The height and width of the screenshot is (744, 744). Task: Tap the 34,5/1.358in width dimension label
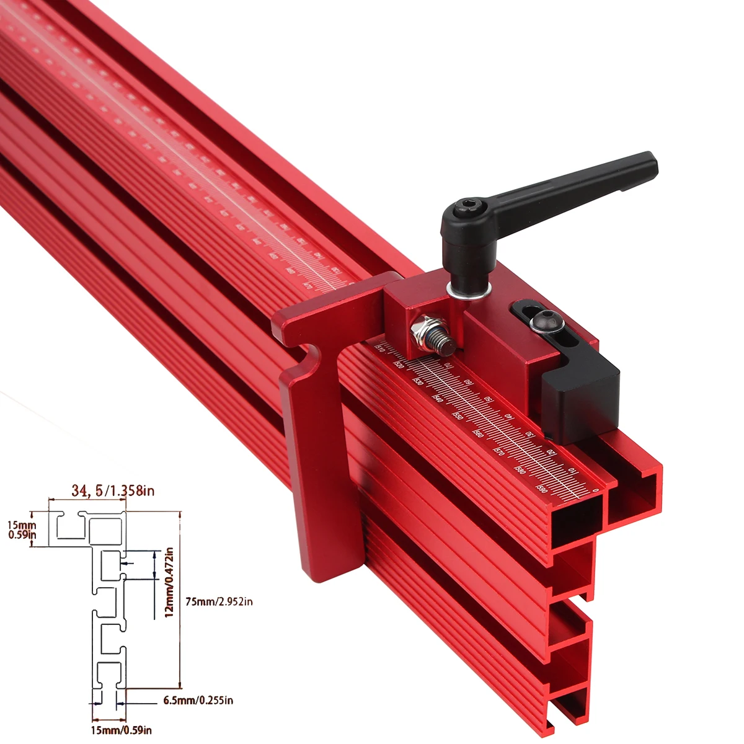[x=113, y=491]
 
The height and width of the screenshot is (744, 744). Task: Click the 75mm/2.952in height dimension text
[x=219, y=601]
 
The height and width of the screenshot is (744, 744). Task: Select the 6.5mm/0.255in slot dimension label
[x=198, y=701]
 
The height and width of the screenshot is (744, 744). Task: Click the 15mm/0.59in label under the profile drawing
[x=122, y=730]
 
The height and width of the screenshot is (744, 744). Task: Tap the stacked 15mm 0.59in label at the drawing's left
[x=22, y=529]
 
